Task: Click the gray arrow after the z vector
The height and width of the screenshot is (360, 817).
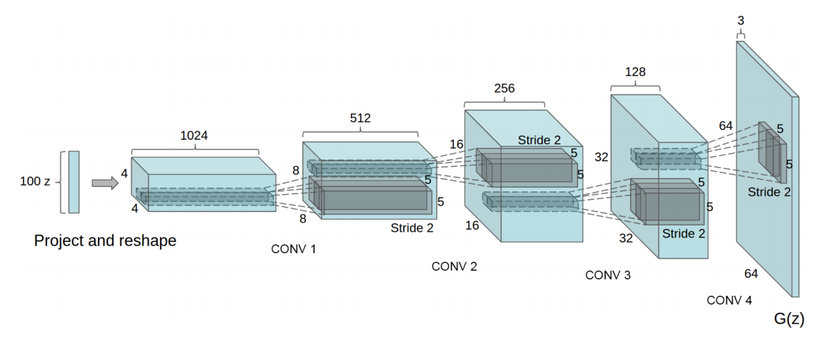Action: [105, 182]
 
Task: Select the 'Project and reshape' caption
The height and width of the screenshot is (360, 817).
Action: [105, 241]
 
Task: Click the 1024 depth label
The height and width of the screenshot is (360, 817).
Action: [194, 136]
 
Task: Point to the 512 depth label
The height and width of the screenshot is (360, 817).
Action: [360, 118]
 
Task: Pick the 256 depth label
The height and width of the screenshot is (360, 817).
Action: [505, 88]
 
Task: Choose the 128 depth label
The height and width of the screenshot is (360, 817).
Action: [635, 72]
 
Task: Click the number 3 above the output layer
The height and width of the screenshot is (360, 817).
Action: [740, 21]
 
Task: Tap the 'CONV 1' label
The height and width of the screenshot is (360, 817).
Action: [293, 249]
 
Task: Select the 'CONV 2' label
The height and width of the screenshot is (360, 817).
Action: [454, 267]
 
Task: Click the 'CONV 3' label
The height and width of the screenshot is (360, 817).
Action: [608, 276]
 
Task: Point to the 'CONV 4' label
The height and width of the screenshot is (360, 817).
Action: [730, 300]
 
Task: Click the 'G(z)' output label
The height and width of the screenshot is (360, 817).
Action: [789, 320]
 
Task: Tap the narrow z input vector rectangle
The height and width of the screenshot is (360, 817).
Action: [73, 182]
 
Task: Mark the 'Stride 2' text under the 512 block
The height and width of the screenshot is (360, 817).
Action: [411, 228]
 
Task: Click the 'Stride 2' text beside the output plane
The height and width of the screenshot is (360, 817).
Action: [769, 192]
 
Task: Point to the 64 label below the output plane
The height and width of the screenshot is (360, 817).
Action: [751, 274]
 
